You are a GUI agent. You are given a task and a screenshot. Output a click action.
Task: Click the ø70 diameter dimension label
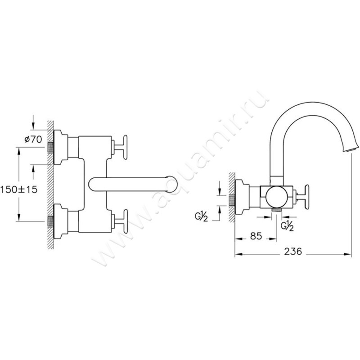(x=33, y=139)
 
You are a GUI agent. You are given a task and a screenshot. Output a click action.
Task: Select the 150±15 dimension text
(x=19, y=189)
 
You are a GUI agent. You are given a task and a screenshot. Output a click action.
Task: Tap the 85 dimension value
(x=256, y=236)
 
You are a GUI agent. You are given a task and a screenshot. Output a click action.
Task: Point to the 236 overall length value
(x=293, y=252)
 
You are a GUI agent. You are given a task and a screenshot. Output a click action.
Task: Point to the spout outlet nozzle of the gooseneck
(x=351, y=149)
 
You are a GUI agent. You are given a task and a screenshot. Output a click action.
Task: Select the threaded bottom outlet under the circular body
(x=276, y=210)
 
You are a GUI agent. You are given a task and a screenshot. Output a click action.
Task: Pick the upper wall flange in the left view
(x=61, y=147)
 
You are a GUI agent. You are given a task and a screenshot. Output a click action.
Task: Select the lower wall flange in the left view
(x=61, y=221)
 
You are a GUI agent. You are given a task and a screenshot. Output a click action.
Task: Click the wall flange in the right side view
(x=242, y=197)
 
